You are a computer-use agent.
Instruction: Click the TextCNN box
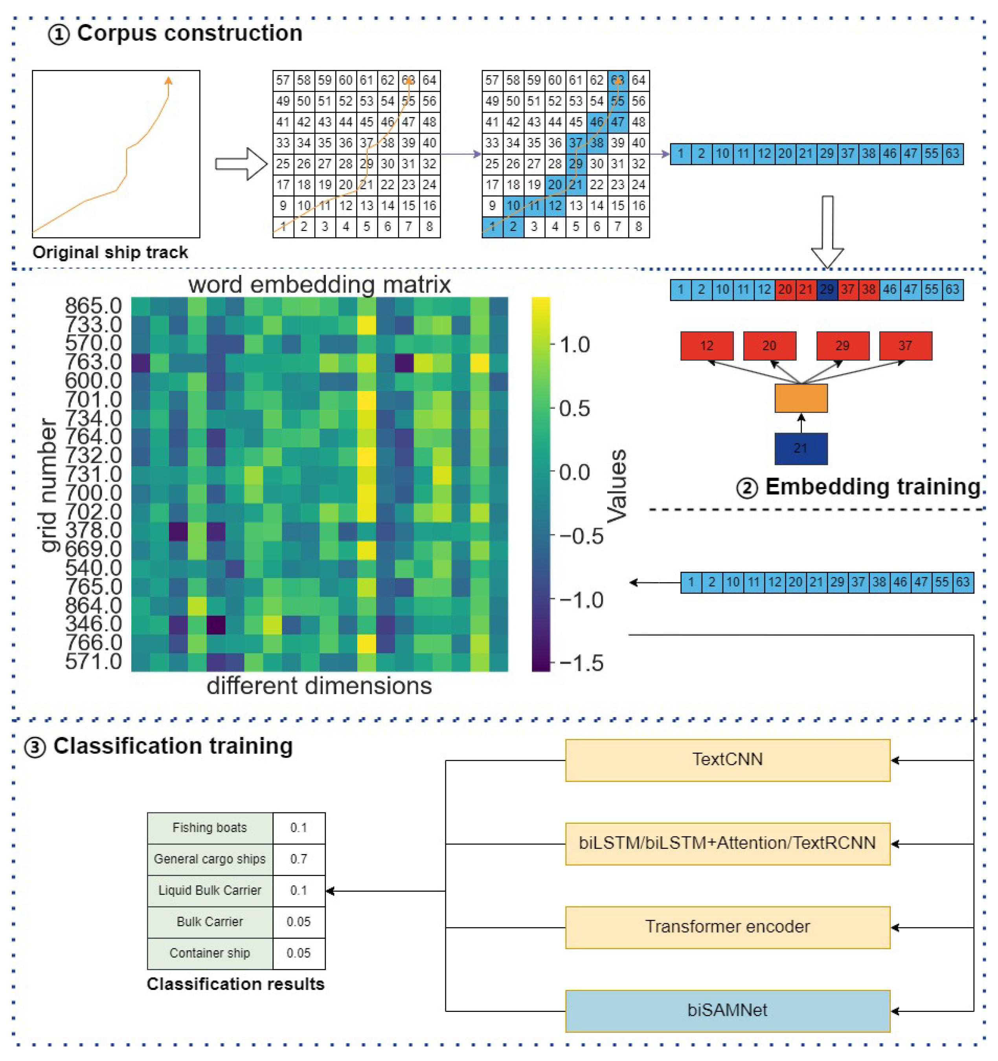(x=727, y=760)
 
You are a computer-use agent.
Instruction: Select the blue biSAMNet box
(x=727, y=1011)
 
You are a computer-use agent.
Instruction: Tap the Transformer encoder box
(x=727, y=927)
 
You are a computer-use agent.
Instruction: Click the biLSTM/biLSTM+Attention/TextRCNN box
(x=727, y=843)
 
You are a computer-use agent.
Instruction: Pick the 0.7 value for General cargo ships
(x=298, y=859)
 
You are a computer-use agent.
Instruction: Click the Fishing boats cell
(x=210, y=828)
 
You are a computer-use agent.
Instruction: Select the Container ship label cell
(x=210, y=953)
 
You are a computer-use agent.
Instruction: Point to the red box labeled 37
(x=905, y=346)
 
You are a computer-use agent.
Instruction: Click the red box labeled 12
(x=706, y=346)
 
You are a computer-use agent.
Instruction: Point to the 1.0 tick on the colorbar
(x=574, y=345)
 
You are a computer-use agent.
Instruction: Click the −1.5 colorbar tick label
(x=581, y=663)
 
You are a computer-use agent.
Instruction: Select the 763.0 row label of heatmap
(x=94, y=362)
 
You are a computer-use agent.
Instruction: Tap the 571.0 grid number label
(x=94, y=662)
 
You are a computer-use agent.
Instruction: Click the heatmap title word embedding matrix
(x=319, y=284)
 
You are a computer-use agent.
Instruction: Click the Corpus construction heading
(x=189, y=33)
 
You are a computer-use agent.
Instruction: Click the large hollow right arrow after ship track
(x=240, y=164)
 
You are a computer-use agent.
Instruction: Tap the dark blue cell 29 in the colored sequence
(x=827, y=290)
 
